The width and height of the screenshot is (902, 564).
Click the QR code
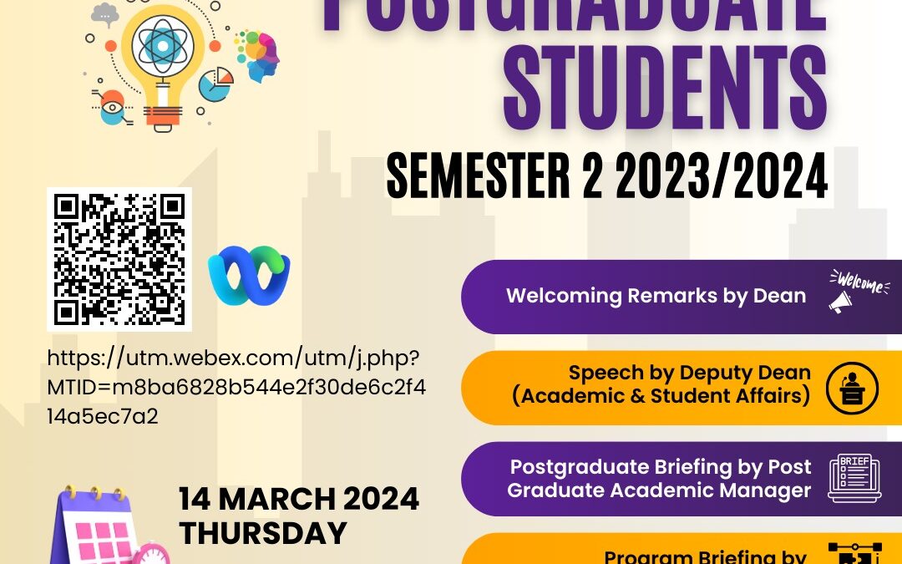119,258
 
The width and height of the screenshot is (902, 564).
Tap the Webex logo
248,275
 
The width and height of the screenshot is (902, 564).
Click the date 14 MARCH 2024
298,500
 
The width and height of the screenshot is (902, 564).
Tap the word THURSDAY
263,532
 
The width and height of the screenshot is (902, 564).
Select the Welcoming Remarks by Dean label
656,295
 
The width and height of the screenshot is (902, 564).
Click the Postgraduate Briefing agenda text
660,478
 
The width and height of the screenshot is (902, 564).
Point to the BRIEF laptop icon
854,478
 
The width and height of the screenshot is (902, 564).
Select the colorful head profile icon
261,54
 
